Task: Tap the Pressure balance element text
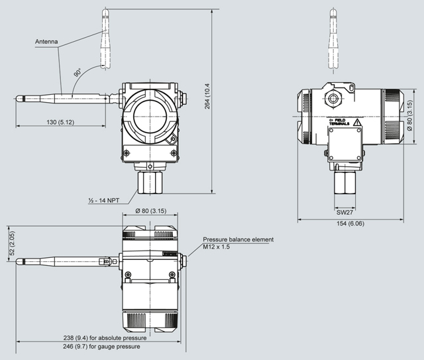tap(238, 239)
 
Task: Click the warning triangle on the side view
tap(356, 123)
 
